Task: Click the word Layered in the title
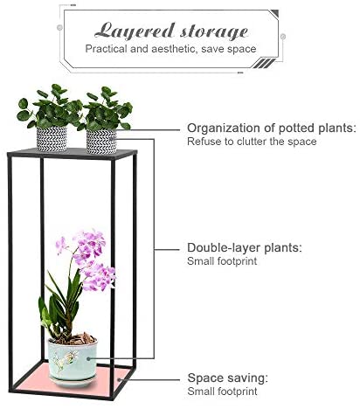pyautogui.click(x=135, y=31)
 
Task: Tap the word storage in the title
pyautogui.click(x=214, y=31)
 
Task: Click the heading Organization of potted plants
pyautogui.click(x=272, y=128)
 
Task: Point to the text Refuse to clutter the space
pyautogui.click(x=252, y=142)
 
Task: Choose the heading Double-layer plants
pyautogui.click(x=245, y=247)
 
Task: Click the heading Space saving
pyautogui.click(x=227, y=378)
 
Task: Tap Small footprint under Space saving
pyautogui.click(x=222, y=392)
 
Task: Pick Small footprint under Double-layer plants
pyautogui.click(x=222, y=261)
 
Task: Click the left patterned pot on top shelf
pyautogui.click(x=52, y=139)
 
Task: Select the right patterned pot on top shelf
pyautogui.click(x=101, y=142)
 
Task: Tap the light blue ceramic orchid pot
pyautogui.click(x=73, y=359)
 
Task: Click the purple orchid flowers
pyautogui.click(x=87, y=260)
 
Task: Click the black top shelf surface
pyautogui.click(x=73, y=153)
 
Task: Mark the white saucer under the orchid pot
pyautogui.click(x=73, y=381)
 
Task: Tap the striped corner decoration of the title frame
pyautogui.click(x=263, y=63)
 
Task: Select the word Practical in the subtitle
pyautogui.click(x=106, y=49)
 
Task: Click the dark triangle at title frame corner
pyautogui.click(x=275, y=13)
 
